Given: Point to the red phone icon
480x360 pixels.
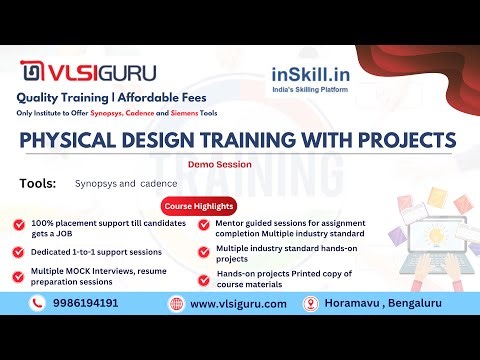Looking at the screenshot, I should coord(37,303).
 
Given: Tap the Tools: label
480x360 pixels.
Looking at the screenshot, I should coord(39,183).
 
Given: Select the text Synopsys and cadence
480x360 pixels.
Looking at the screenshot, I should coord(125,184).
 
